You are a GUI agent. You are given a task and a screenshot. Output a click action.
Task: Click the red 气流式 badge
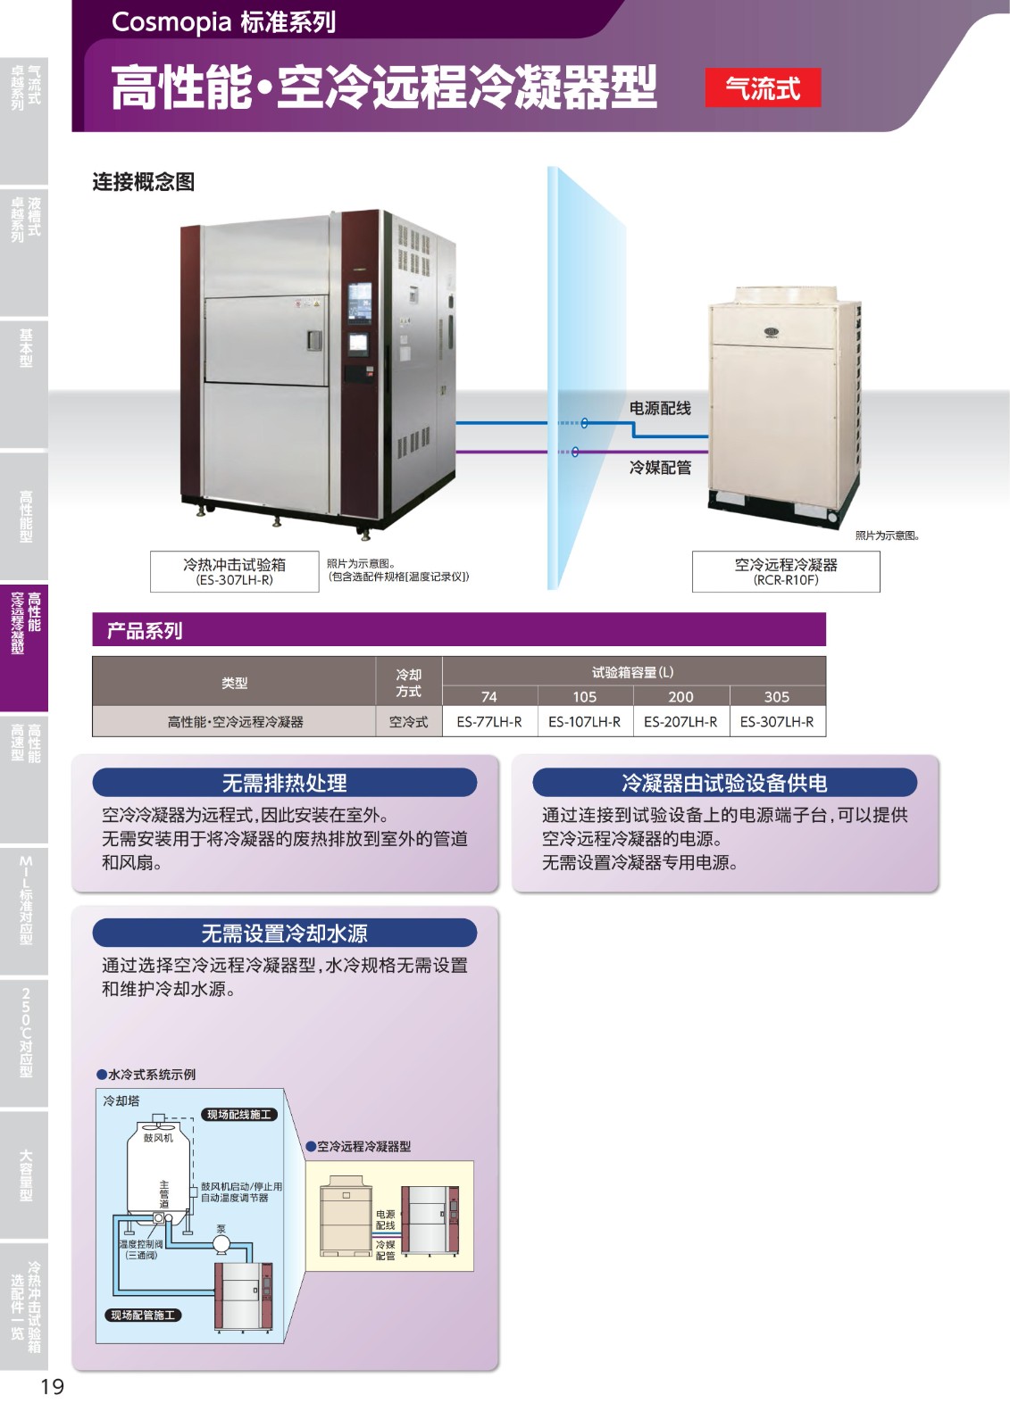(x=763, y=88)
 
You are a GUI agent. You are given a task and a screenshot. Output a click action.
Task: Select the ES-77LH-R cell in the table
(x=489, y=721)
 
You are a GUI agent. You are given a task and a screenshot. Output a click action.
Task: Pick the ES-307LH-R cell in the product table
(x=777, y=721)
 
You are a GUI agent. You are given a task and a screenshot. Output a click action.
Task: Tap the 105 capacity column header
(x=585, y=696)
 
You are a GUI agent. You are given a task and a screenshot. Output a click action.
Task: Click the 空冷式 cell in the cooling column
(x=408, y=721)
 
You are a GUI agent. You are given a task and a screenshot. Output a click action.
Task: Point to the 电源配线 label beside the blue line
(x=660, y=408)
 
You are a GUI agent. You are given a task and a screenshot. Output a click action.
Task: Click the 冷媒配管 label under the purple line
(x=660, y=468)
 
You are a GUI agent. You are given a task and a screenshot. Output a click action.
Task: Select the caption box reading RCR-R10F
(x=786, y=571)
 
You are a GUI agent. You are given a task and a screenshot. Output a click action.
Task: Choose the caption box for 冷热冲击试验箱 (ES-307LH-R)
(x=234, y=571)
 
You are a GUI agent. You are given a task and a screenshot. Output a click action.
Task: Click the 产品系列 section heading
(x=145, y=630)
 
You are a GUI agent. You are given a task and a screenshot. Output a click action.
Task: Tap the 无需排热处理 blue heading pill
(x=284, y=783)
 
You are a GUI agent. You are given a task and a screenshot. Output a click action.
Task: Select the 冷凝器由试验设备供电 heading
(x=724, y=783)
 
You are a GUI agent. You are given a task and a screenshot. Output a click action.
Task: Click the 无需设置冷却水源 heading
(x=284, y=933)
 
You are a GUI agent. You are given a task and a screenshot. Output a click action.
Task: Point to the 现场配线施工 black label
(x=238, y=1114)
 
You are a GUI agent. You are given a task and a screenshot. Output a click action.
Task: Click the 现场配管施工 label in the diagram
(x=143, y=1315)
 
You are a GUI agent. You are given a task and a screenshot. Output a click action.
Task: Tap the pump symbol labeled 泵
(x=221, y=1243)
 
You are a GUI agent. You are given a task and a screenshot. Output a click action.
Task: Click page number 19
(x=52, y=1386)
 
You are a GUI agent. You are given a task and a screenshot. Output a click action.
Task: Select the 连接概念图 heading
(x=144, y=182)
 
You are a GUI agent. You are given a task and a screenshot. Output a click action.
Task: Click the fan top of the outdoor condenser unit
(x=785, y=296)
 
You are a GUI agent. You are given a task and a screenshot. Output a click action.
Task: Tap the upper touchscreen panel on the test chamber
(x=359, y=301)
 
